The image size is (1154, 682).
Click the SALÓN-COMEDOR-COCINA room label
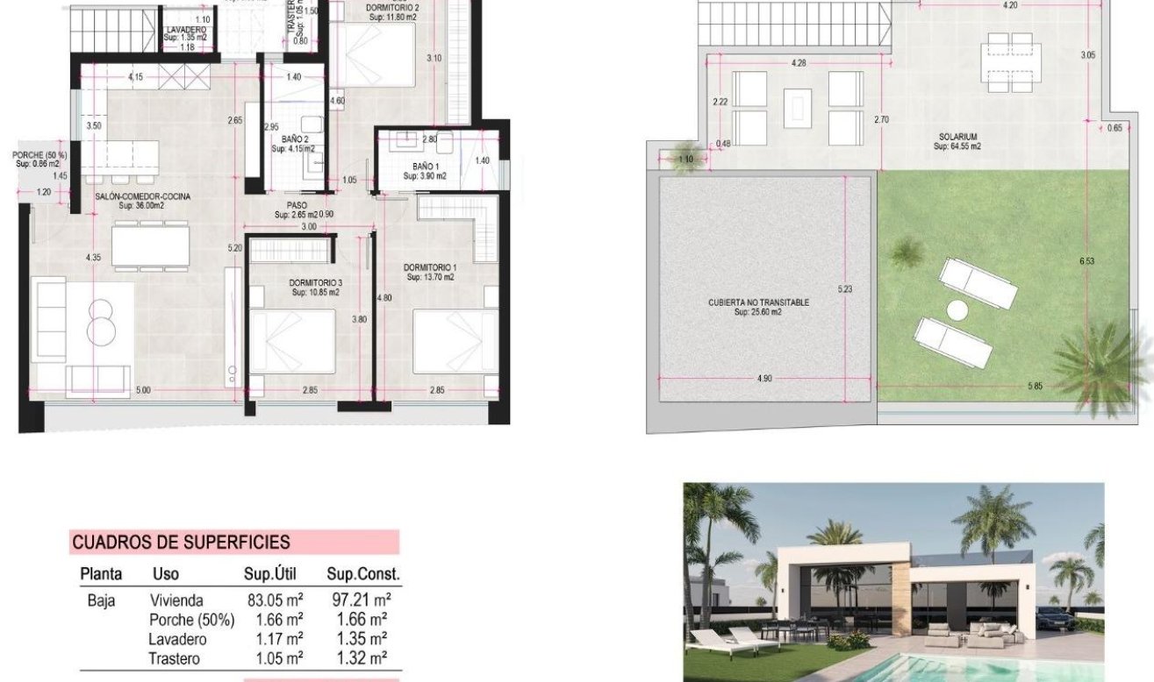[x=143, y=197]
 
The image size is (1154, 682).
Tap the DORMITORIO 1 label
[x=430, y=267]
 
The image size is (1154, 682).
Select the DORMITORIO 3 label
[x=315, y=282]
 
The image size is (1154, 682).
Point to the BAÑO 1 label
[x=425, y=167]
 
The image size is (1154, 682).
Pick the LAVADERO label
[x=185, y=30]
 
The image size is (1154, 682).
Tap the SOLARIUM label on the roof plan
[x=957, y=137]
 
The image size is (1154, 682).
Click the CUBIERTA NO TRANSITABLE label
[x=759, y=302]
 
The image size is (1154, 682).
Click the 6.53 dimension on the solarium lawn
[x=1088, y=260]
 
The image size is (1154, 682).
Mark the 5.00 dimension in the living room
[x=143, y=390]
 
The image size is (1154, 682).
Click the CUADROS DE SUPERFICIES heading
[x=181, y=543]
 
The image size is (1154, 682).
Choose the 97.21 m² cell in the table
[x=358, y=601]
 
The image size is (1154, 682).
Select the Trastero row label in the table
[x=175, y=658]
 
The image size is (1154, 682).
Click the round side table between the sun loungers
[x=956, y=309]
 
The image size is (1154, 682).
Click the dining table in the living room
[x=151, y=245]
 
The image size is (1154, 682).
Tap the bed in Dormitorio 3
[x=292, y=342]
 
